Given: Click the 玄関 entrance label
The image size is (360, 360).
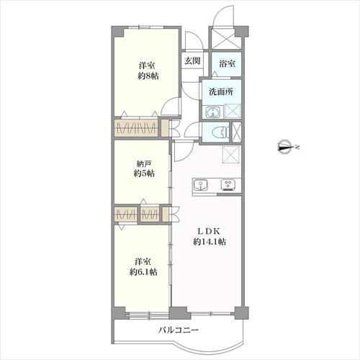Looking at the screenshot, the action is (192, 60).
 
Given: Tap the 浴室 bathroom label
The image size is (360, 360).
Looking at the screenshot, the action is (227, 63).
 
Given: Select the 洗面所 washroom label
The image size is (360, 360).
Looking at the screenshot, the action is (221, 91).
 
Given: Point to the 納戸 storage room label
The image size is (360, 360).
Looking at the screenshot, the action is (144, 164).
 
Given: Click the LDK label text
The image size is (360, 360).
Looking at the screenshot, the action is (209, 231).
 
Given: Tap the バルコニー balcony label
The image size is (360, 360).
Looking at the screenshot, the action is (179, 330).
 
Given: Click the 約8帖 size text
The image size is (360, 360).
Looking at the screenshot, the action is (148, 76).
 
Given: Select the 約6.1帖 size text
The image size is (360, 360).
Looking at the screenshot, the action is (143, 272).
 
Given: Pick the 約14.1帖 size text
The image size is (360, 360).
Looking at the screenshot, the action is (210, 242).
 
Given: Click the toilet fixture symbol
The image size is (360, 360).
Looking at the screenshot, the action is (220, 132).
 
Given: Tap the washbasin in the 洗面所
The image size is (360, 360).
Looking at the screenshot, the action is (213, 112).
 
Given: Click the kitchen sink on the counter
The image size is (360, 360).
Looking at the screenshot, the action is (200, 185).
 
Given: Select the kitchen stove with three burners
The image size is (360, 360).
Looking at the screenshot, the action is (228, 185).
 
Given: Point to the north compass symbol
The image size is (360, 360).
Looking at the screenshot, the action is (286, 147).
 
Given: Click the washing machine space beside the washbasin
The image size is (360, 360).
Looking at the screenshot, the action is (233, 111).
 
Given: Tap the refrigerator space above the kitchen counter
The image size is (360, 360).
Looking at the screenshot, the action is (231, 155).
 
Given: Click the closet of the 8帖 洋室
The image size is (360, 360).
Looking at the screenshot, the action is (136, 128).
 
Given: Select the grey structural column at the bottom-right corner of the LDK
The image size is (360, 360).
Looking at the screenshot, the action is (241, 312).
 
